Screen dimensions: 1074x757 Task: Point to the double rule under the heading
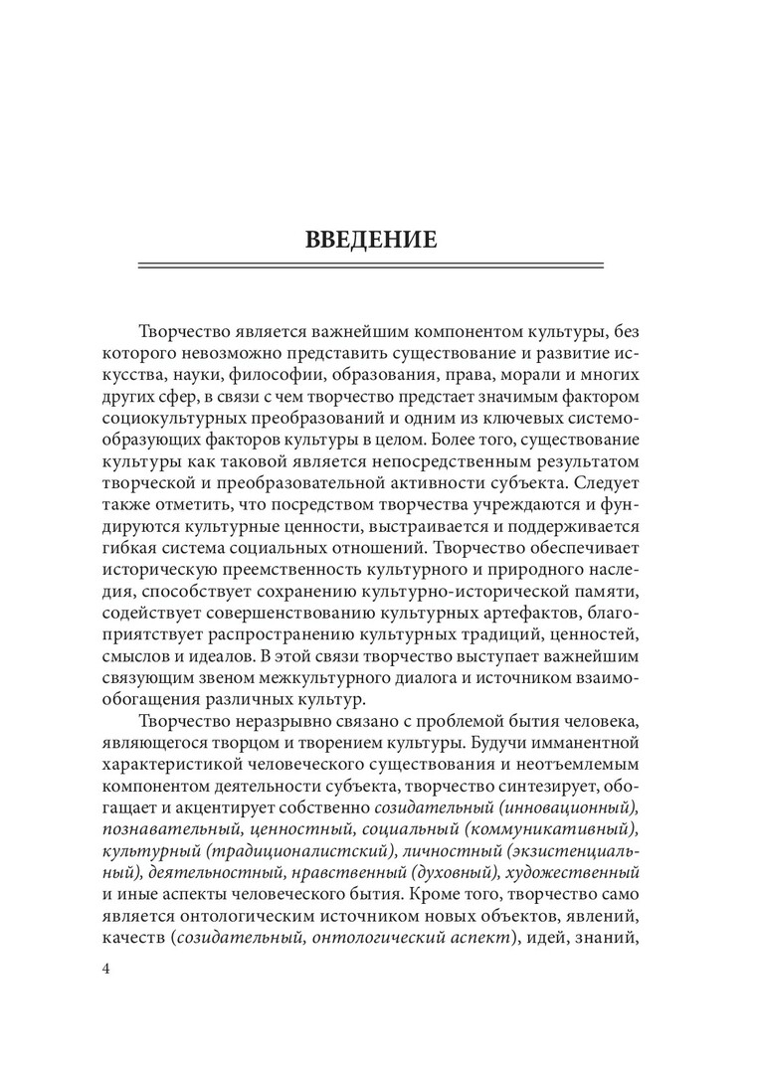coord(369,265)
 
